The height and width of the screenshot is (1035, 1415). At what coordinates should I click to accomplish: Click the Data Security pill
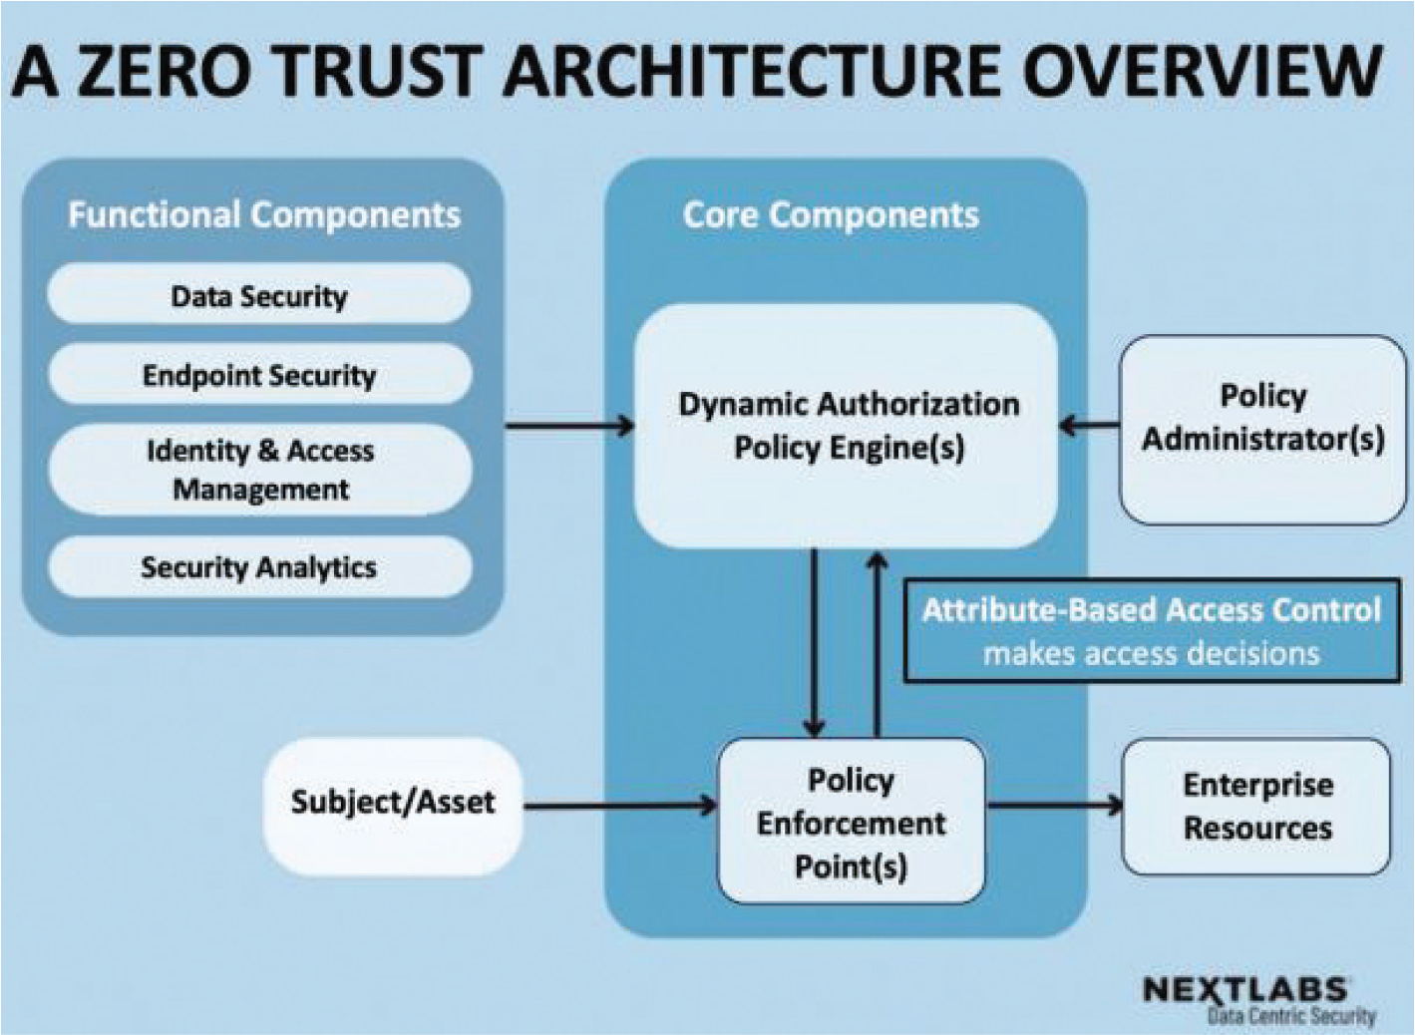point(258,296)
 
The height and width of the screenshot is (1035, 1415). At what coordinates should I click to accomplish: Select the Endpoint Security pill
point(258,375)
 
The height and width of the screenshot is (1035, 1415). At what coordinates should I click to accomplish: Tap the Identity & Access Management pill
point(259,470)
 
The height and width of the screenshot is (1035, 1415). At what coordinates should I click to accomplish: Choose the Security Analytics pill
point(258,567)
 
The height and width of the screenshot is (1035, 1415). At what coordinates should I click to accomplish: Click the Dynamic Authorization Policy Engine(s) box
point(848,426)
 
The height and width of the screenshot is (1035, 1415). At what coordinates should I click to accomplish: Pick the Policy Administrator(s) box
point(1262,429)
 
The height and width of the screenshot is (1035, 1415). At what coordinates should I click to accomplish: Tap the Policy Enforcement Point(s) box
point(851,822)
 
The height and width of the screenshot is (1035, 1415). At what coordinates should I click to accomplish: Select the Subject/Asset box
point(392,803)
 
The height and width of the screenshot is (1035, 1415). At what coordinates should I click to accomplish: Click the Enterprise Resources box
point(1256,806)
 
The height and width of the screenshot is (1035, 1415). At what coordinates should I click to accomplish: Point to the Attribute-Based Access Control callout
point(1151,631)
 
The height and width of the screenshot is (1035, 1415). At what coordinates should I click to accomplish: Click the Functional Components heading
point(264,215)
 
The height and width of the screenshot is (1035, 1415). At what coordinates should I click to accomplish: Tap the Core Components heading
point(831,215)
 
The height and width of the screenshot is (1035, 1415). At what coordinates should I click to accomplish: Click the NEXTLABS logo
point(1246,990)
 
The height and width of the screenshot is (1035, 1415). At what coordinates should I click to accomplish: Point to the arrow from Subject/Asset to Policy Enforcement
point(619,806)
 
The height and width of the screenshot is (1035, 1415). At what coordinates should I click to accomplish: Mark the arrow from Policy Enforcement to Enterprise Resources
point(1053,806)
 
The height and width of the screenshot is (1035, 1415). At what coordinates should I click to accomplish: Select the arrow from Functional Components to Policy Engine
point(569,427)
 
